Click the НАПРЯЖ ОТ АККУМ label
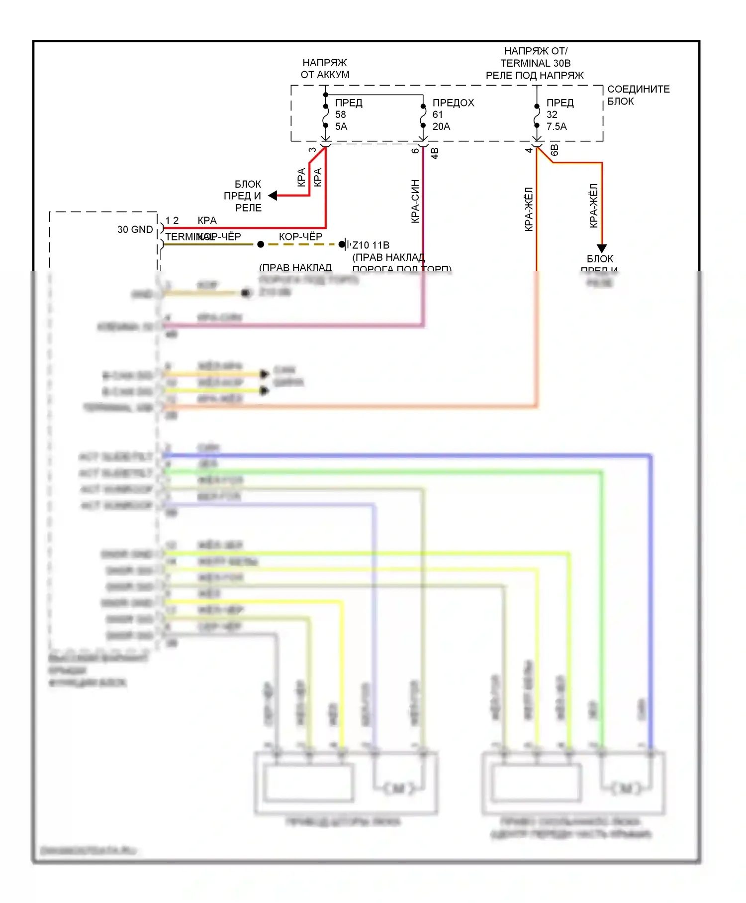click(x=325, y=69)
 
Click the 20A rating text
click(x=441, y=126)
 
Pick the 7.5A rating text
click(x=557, y=126)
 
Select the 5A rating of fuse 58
click(x=341, y=126)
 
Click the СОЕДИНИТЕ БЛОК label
click(x=638, y=95)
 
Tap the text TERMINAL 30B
click(x=535, y=63)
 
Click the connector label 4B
click(x=435, y=153)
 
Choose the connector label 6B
click(x=555, y=150)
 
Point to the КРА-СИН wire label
click(x=415, y=201)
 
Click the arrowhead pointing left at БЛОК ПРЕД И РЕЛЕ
click(x=273, y=196)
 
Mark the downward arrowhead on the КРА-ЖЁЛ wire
click(x=602, y=248)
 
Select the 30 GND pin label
click(x=135, y=229)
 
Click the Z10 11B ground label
click(x=371, y=245)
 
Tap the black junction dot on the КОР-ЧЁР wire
click(x=261, y=244)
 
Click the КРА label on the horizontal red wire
click(x=207, y=221)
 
